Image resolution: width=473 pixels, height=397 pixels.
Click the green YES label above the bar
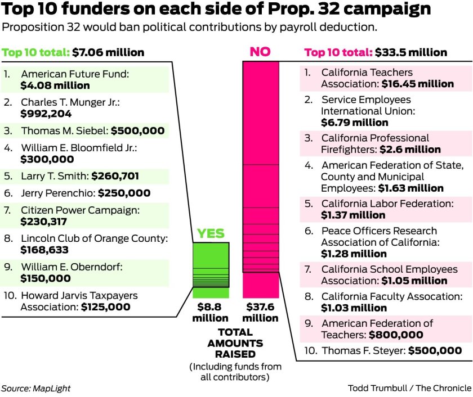(x=211, y=234)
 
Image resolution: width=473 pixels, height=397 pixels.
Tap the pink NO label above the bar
(x=260, y=52)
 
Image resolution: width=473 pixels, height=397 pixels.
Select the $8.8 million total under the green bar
(x=211, y=313)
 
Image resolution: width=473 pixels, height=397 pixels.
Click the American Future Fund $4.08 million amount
(x=55, y=85)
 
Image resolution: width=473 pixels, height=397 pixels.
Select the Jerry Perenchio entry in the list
(x=59, y=193)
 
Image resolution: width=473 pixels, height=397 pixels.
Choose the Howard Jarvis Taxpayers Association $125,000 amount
(x=105, y=307)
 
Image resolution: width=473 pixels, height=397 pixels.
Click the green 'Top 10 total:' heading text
(x=35, y=53)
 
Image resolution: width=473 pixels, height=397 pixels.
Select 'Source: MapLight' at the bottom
(x=36, y=388)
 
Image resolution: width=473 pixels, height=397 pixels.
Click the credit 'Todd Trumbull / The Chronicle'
(x=409, y=388)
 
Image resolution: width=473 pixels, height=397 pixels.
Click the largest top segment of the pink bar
(x=260, y=112)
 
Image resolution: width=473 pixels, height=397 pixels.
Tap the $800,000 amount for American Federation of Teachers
(x=396, y=335)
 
